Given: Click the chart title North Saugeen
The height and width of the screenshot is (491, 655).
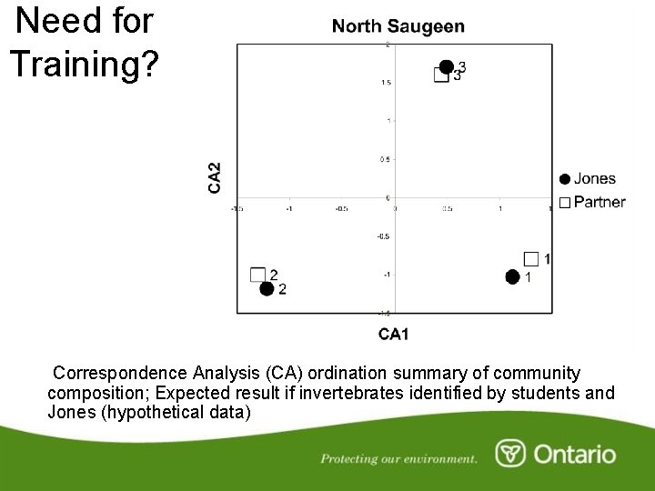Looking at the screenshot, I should coord(398,27).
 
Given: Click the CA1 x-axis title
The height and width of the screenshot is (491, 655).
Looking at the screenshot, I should coord(393,335).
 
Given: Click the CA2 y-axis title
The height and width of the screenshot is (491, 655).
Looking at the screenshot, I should coord(215,177).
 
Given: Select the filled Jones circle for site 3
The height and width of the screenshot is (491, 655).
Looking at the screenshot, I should coord(446,66).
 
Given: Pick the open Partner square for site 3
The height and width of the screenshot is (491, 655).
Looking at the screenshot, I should coord(440,75).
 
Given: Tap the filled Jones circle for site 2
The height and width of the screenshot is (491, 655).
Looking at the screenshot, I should coord(266,289).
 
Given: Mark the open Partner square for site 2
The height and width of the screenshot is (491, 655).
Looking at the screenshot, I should coord(257,275).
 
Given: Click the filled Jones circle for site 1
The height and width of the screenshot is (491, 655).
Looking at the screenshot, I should coord(512,276).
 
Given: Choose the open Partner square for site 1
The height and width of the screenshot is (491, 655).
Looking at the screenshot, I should coord(531,259).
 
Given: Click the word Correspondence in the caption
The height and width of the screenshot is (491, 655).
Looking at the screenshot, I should coord(120,373).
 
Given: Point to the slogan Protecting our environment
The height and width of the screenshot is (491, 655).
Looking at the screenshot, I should coord(398,458).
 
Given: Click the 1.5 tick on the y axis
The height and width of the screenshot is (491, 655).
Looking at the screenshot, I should coord(386,82).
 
